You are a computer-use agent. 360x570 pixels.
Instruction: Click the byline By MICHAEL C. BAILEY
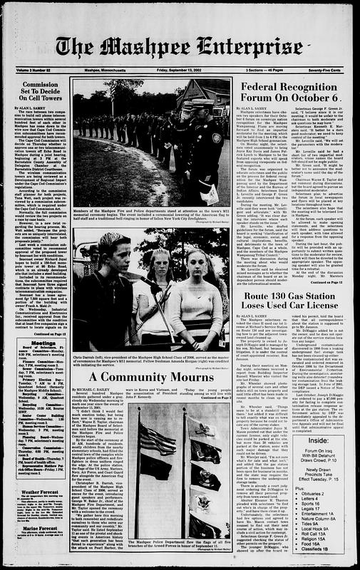tap(92, 391)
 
